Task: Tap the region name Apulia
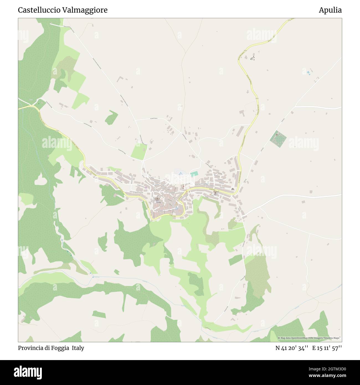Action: [x=330, y=10]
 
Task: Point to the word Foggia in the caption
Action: [x=61, y=348]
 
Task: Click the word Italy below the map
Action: [x=78, y=348]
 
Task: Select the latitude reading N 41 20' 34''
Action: [x=292, y=348]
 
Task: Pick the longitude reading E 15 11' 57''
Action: [x=327, y=348]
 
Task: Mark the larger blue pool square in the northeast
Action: [x=308, y=73]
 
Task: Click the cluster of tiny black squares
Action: [x=252, y=58]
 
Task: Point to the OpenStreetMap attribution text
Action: [x=310, y=338]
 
